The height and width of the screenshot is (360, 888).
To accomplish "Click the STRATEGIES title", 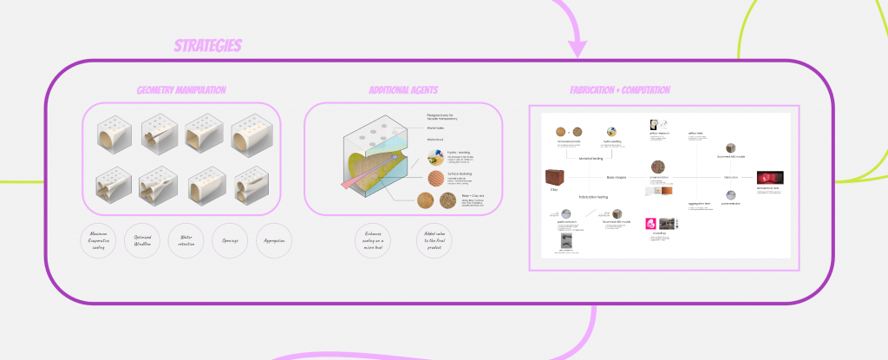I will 207,46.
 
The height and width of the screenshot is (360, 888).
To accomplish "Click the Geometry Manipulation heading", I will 181,90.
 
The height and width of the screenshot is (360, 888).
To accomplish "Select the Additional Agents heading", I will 402,90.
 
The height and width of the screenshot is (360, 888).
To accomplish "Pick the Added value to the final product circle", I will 433,240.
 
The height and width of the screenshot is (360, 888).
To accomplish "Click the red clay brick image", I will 552,177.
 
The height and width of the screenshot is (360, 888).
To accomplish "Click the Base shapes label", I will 617,177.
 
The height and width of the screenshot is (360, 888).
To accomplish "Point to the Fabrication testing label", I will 596,198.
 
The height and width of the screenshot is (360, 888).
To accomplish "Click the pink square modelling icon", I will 650,223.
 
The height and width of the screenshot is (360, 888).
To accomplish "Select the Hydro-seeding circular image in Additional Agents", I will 435,157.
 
